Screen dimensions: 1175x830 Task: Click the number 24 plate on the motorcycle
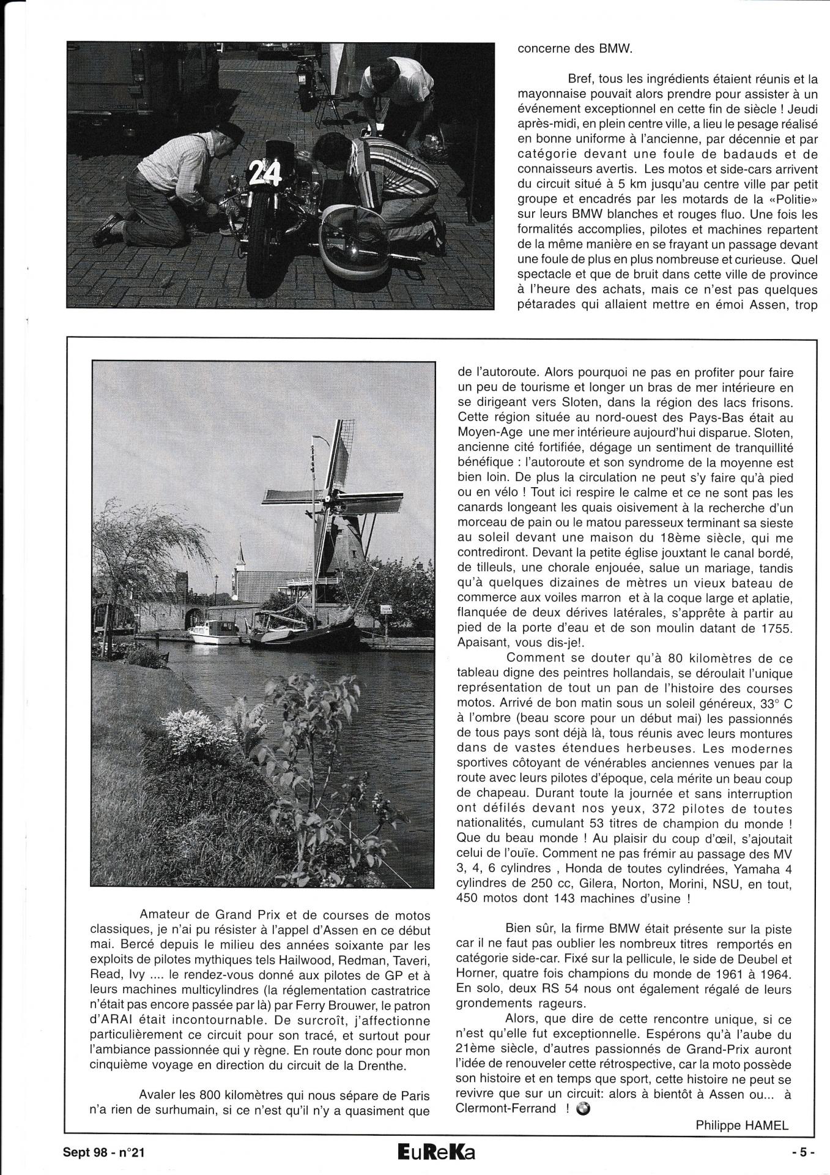click(265, 175)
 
